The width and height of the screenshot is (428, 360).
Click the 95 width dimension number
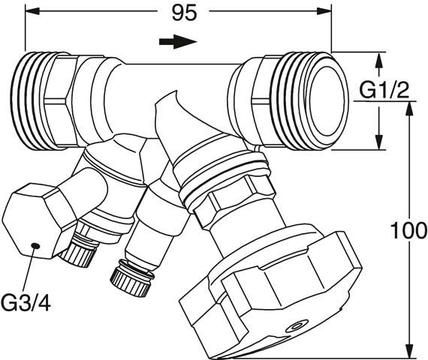coord(184,13)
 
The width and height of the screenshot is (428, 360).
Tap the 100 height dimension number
coord(408,230)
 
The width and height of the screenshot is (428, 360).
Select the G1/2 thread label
coord(384,90)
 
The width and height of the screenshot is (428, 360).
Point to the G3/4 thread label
coord(26,303)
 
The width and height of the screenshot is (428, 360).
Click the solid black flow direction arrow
coord(178,42)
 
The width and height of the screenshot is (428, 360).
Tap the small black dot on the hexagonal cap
coord(35,246)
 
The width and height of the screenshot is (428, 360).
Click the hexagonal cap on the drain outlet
coord(40,221)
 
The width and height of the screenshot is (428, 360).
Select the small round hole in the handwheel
coord(296,325)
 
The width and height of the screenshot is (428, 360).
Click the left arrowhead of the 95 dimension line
coord(32,11)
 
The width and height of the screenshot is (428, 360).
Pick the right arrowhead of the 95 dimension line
coord(324,11)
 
